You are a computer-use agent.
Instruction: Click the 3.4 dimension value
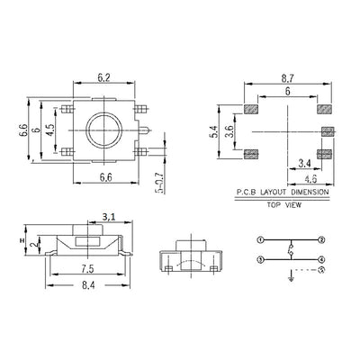(306, 163)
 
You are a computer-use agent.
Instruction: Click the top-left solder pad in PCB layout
(251, 111)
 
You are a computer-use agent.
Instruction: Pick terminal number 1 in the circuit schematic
(261, 240)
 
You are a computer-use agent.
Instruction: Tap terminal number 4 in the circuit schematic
(320, 260)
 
